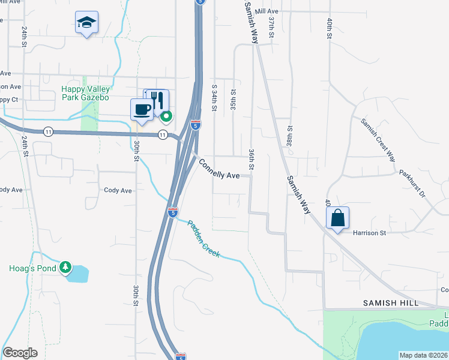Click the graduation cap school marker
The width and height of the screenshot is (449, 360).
(86, 23)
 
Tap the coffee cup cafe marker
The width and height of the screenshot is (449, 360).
(142, 109)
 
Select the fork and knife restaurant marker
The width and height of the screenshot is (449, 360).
(157, 99)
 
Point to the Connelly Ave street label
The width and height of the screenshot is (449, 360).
(219, 169)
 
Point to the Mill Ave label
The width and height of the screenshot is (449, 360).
(267, 11)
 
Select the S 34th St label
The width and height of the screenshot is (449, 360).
(214, 98)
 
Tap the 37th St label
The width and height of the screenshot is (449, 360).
(271, 28)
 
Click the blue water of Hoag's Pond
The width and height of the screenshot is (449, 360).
(78, 275)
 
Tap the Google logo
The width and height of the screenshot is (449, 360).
(20, 353)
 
